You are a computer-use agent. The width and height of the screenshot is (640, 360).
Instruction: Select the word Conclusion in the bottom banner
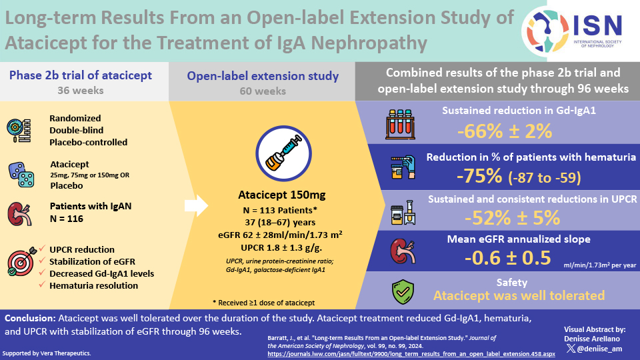click(x=31, y=319)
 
